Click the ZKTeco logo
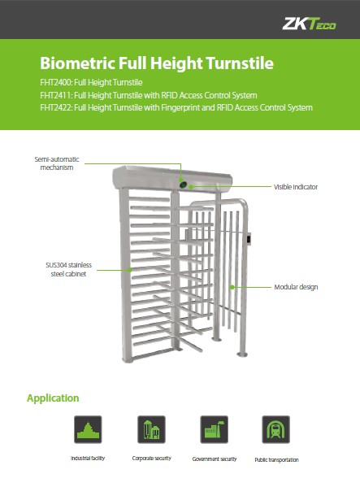[x=309, y=24]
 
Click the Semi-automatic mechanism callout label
[x=57, y=163]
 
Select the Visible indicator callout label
[x=296, y=187]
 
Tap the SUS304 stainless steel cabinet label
[x=68, y=269]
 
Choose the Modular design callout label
[x=296, y=287]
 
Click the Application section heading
[x=53, y=398]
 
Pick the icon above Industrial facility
[x=88, y=429]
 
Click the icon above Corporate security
[x=151, y=429]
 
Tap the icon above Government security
[x=215, y=429]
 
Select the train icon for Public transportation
[x=276, y=429]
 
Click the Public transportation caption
[x=276, y=459]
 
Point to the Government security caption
[x=215, y=459]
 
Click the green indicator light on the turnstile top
[x=183, y=185]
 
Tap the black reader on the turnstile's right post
[x=249, y=239]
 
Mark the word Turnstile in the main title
[x=240, y=63]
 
